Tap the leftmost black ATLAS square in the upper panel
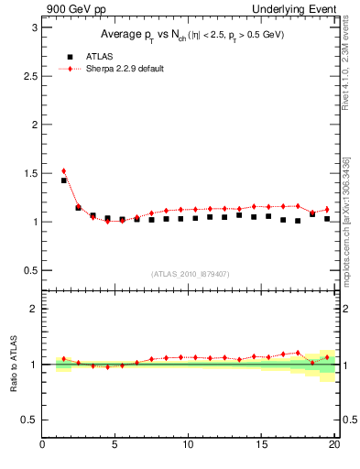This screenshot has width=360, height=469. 64,180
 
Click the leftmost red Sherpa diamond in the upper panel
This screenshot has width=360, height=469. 64,170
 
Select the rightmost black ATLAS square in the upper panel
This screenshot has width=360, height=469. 327,219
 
